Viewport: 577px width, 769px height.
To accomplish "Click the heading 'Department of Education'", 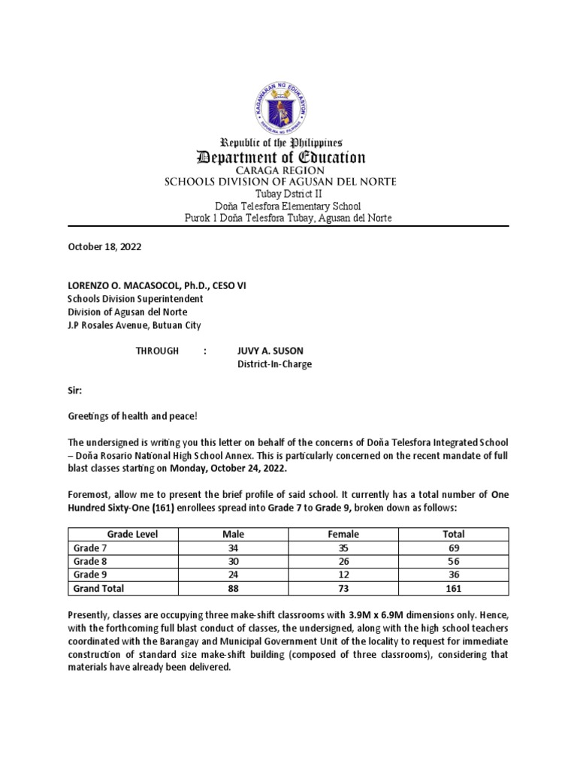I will click(280, 158).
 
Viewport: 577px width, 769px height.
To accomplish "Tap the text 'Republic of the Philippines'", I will click(280, 142).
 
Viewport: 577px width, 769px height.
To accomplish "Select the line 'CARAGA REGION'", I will click(280, 171).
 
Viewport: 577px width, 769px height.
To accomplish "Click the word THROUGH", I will click(157, 351).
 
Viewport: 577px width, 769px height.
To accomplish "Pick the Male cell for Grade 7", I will click(233, 548).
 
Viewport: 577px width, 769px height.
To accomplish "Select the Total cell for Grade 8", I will click(454, 562).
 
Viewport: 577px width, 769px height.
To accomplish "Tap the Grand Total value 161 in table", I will click(454, 589).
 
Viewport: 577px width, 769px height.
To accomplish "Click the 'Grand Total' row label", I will click(98, 589).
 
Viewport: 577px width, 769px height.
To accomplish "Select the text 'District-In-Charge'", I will click(274, 364).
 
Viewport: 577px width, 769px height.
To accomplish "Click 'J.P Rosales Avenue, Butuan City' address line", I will click(134, 325).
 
